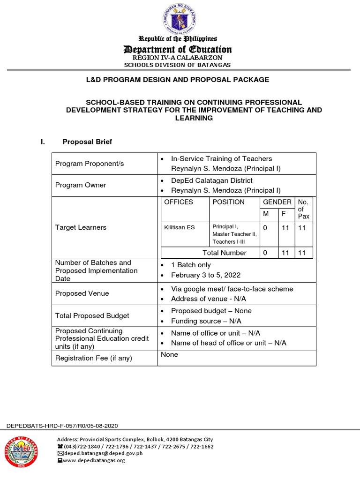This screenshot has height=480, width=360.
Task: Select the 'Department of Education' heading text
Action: (x=177, y=49)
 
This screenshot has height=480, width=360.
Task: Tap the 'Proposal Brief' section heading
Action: (x=87, y=142)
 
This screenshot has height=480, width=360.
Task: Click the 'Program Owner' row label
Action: (x=81, y=185)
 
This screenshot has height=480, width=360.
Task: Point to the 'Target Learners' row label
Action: (x=81, y=227)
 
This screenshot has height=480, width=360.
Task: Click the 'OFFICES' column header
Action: (x=178, y=202)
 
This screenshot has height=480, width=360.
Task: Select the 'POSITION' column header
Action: (x=228, y=202)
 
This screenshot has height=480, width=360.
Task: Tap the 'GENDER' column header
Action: (x=277, y=202)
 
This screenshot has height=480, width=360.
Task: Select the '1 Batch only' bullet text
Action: (x=191, y=265)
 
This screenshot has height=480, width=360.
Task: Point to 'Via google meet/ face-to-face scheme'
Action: (x=232, y=289)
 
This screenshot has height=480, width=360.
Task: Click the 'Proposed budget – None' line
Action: (x=211, y=311)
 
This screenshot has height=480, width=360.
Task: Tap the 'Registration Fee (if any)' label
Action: (x=94, y=358)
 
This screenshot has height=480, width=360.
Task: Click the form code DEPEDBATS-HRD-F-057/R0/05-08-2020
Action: (x=62, y=426)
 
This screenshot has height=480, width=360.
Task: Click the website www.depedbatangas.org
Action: (x=94, y=460)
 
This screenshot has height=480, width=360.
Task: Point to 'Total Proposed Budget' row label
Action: (x=92, y=316)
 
